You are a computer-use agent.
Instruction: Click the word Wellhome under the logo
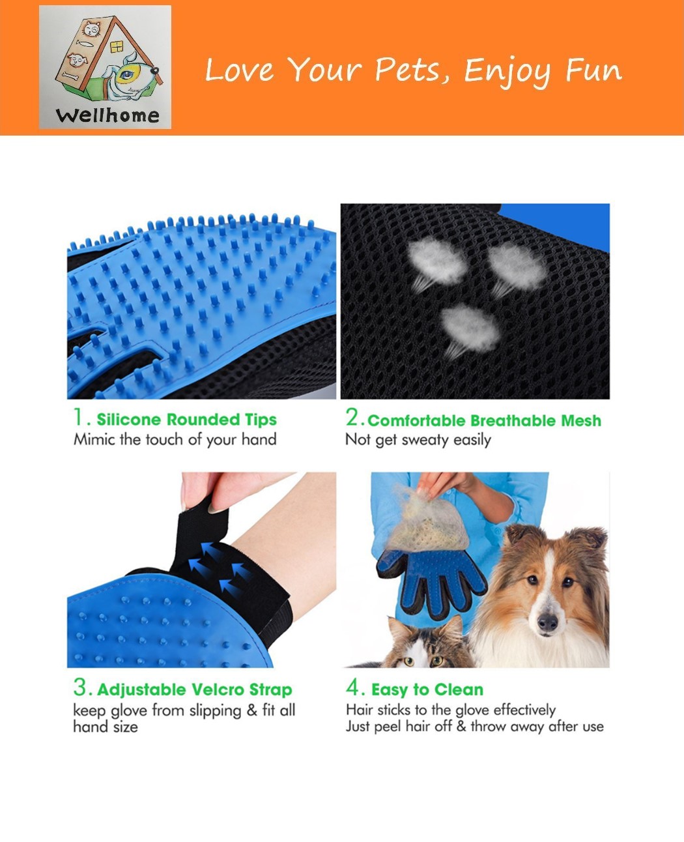click(x=107, y=116)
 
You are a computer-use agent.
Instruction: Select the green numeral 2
click(x=352, y=418)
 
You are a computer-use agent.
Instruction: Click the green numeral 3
click(x=81, y=687)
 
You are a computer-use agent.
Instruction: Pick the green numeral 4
click(x=354, y=688)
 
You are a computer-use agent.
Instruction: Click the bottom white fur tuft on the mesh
click(x=470, y=329)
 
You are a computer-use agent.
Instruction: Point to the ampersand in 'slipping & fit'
click(x=251, y=710)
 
